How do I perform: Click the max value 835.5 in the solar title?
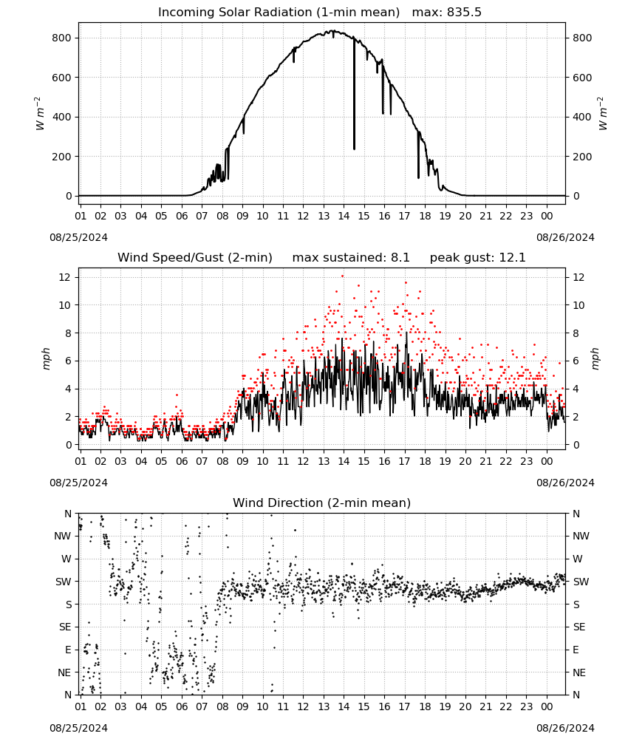click(x=464, y=13)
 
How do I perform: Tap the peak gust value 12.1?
click(x=511, y=258)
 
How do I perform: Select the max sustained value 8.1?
click(x=400, y=258)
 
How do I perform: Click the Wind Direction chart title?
click(x=322, y=503)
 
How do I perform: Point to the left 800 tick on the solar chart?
click(x=62, y=38)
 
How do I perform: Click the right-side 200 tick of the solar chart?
click(x=582, y=157)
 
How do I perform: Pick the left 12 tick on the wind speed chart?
click(x=65, y=277)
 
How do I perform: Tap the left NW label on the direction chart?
click(x=63, y=536)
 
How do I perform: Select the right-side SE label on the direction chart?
click(x=579, y=627)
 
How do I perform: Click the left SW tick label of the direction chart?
click(x=64, y=582)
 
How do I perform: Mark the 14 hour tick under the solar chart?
click(x=344, y=216)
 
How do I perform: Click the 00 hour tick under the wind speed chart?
click(x=547, y=461)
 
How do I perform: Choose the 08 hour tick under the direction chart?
click(x=222, y=706)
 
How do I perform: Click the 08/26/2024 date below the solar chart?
click(x=565, y=237)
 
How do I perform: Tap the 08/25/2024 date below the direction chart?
click(x=78, y=728)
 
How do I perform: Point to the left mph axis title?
click(x=46, y=358)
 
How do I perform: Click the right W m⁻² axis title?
click(x=603, y=114)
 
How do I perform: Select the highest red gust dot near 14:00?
click(x=343, y=276)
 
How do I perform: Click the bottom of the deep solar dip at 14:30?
click(x=355, y=149)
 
